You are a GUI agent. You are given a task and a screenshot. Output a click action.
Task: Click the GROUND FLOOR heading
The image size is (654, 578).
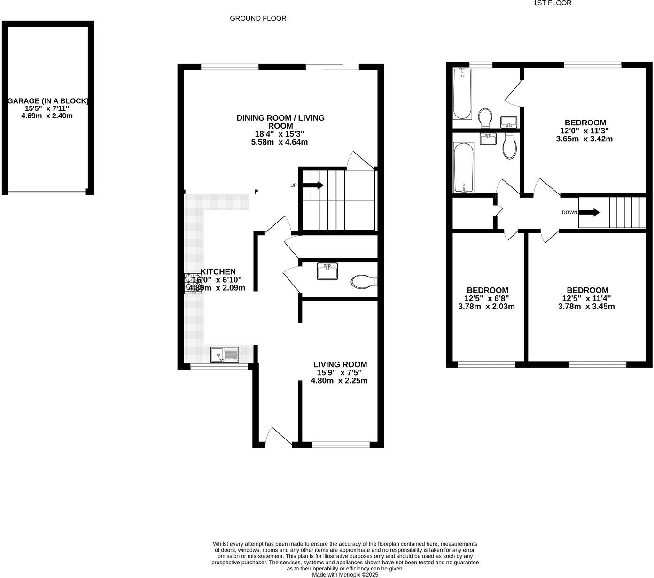(x=258, y=18)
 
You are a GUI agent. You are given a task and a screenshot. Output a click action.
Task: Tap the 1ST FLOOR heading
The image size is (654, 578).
(x=552, y=3)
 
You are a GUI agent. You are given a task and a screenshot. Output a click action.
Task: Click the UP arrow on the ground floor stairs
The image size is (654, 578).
(x=313, y=185)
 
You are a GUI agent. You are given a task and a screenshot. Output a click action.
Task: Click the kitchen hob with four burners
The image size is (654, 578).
(x=193, y=284)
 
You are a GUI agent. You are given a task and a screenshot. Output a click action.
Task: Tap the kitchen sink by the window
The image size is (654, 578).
(x=225, y=355)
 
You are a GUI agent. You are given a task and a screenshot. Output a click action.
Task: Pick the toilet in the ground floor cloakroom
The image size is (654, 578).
(x=363, y=282)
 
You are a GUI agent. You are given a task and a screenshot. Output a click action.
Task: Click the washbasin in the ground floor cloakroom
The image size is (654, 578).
(x=327, y=272)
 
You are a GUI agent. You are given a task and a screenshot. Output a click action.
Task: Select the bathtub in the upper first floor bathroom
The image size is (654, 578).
(x=462, y=93)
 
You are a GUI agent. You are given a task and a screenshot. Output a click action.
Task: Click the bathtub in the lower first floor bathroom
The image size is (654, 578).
(x=464, y=168)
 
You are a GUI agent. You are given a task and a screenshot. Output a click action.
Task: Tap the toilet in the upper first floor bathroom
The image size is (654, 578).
(x=485, y=117)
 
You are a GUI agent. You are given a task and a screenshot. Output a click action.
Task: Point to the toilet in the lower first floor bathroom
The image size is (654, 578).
(x=509, y=146)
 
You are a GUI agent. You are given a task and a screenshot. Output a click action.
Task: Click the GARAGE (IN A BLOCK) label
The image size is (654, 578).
(x=48, y=101)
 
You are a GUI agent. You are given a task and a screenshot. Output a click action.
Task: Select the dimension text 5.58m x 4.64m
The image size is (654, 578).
(x=280, y=142)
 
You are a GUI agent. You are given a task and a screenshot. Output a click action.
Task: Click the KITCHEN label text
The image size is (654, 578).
(x=218, y=271)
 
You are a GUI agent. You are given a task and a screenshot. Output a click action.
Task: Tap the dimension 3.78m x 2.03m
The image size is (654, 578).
(x=486, y=307)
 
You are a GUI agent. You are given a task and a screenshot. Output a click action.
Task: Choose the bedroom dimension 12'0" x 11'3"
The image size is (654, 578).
(x=584, y=131)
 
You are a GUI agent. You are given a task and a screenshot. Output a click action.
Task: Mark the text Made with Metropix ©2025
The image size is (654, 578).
(x=345, y=574)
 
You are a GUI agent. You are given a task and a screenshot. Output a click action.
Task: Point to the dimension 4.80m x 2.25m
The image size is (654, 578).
(x=339, y=381)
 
